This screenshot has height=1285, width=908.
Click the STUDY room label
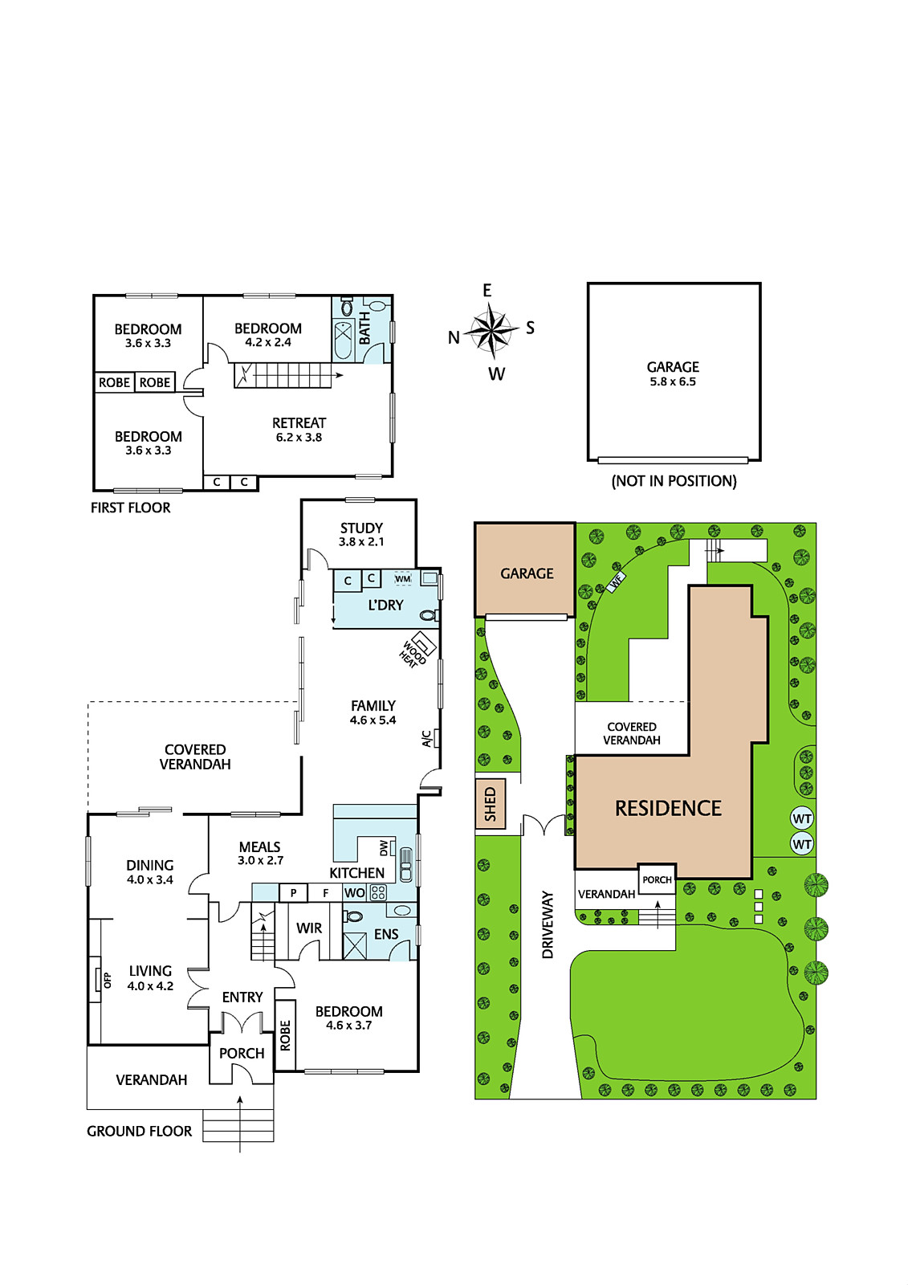361,528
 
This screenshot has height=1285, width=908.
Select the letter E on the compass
487,290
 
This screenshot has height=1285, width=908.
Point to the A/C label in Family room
426,739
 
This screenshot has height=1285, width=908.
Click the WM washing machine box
403,579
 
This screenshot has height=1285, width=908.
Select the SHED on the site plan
491,803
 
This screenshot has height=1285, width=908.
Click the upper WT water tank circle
801,818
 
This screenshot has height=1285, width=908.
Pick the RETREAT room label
299,422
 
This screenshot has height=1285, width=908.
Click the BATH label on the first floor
364,328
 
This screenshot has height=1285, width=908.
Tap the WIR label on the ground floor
308,928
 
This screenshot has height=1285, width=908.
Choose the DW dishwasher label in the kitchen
385,847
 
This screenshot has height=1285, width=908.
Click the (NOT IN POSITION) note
674,481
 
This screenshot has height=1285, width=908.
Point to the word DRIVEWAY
548,924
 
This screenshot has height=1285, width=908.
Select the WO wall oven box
355,892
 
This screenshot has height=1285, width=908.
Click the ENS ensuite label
386,934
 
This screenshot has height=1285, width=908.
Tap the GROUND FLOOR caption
140,1132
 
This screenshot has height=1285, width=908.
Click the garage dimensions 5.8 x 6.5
673,381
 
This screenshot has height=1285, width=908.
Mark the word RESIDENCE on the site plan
668,808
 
